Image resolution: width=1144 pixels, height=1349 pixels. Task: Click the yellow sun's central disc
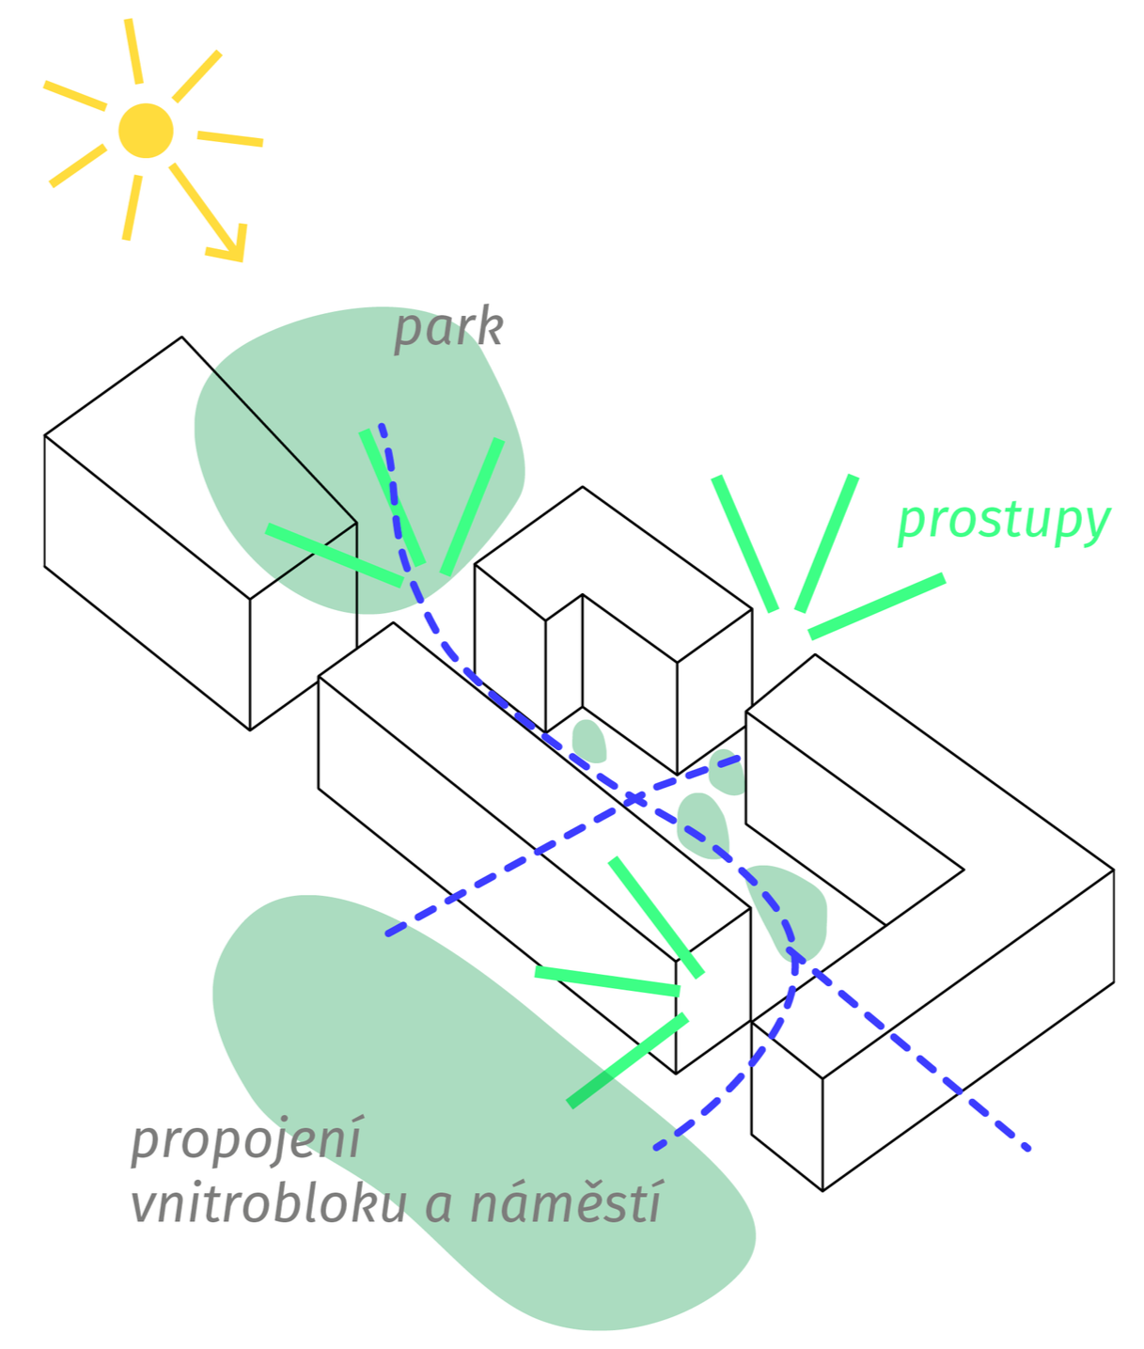pyautogui.click(x=146, y=131)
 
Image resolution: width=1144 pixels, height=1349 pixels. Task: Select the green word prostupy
pyautogui.click(x=1005, y=522)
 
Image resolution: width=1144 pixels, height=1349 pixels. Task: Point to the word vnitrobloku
pyautogui.click(x=269, y=1204)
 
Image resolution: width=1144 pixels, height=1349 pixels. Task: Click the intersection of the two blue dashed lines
pyautogui.click(x=633, y=797)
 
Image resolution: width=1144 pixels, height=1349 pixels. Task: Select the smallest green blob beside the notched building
pyautogui.click(x=588, y=742)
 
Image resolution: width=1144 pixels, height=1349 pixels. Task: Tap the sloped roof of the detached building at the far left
pyautogui.click(x=200, y=468)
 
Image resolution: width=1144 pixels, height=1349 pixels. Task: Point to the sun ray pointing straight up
pyautogui.click(x=133, y=51)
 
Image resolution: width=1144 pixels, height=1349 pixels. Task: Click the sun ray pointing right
pyautogui.click(x=230, y=139)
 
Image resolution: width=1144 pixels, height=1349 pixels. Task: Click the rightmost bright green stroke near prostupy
pyautogui.click(x=877, y=605)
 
